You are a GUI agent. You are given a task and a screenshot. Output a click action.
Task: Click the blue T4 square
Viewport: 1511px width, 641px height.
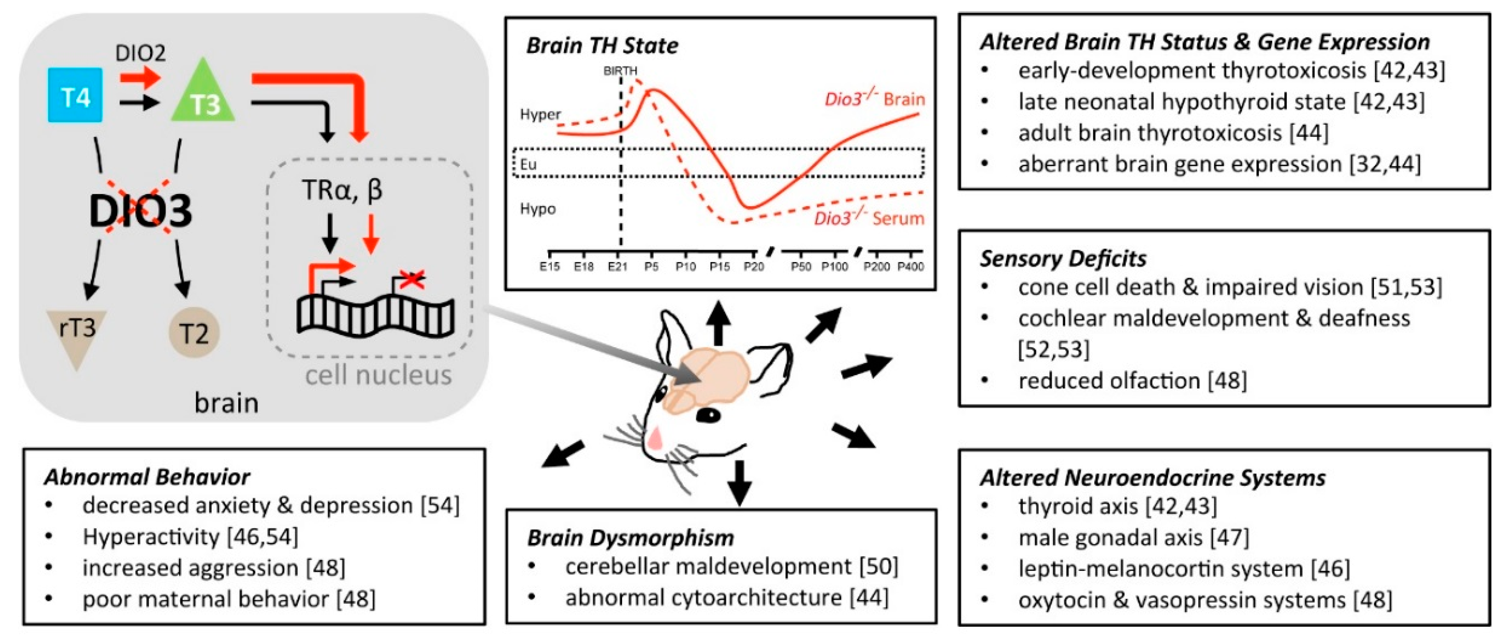[x=75, y=95]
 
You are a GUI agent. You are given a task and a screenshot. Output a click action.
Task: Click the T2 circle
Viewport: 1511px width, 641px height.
[x=194, y=333]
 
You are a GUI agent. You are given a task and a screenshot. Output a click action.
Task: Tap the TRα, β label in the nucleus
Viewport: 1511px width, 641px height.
[x=342, y=190]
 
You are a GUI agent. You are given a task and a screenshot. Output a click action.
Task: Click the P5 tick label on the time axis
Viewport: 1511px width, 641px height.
[x=651, y=267]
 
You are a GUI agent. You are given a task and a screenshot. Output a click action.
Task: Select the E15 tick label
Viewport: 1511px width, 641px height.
[x=550, y=267]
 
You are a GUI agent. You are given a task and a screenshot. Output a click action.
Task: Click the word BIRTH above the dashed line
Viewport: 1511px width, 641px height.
[x=620, y=71]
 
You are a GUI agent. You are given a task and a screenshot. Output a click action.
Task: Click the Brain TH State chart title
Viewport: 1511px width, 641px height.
[x=602, y=46]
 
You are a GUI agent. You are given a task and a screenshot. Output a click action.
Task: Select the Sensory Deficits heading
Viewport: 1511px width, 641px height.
[x=1063, y=259]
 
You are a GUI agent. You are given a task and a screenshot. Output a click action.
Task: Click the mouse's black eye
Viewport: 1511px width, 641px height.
[x=709, y=416]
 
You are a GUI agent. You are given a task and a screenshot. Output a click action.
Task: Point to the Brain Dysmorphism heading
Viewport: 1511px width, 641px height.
[x=630, y=538]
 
